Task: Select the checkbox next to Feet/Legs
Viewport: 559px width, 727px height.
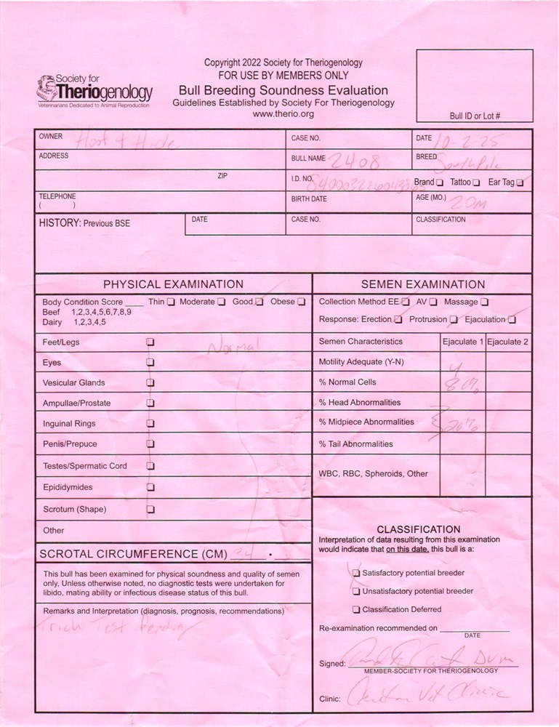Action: (150, 341)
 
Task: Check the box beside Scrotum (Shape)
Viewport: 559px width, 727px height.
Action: (150, 510)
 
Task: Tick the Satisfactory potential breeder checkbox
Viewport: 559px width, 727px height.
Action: (356, 573)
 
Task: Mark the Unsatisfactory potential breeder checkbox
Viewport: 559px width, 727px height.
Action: (356, 591)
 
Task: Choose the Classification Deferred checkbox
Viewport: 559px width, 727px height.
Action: (356, 609)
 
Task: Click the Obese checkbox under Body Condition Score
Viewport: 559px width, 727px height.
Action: (301, 302)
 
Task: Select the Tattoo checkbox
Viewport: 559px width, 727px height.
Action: (477, 182)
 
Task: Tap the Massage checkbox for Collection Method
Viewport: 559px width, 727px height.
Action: (485, 302)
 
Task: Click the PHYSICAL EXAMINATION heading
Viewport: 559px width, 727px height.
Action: (173, 284)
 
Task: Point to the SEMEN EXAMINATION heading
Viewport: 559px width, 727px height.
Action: (422, 284)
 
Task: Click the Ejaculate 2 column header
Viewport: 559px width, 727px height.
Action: (507, 342)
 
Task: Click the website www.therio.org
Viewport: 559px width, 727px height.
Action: (283, 114)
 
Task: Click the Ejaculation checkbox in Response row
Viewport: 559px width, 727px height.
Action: (512, 319)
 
